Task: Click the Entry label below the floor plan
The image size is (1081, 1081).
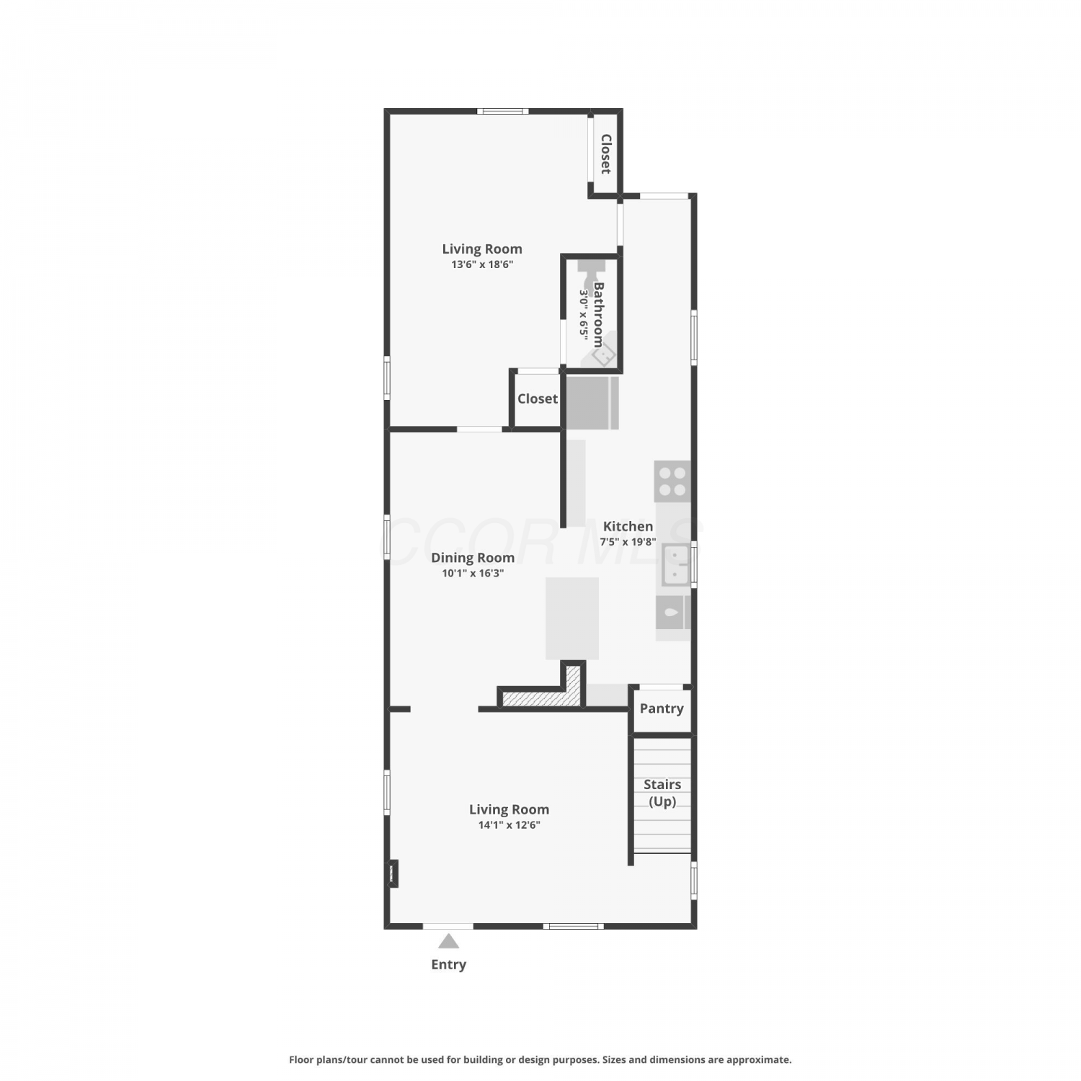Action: click(448, 964)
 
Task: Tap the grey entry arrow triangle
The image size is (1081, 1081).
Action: click(448, 940)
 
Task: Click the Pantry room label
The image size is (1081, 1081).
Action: click(662, 708)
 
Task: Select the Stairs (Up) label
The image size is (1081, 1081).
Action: click(662, 793)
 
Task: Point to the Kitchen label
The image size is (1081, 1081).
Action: click(628, 526)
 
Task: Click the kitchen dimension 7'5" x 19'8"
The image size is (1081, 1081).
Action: click(628, 542)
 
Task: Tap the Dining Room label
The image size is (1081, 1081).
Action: click(473, 558)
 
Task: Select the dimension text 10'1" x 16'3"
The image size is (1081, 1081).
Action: click(473, 574)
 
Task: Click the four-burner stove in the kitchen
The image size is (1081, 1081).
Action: click(672, 481)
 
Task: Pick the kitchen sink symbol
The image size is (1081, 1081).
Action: click(676, 564)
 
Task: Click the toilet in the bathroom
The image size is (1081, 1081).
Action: click(591, 272)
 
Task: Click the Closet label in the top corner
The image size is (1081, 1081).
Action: click(606, 154)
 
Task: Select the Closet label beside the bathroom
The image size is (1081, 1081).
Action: click(538, 399)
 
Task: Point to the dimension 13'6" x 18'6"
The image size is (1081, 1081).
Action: click(482, 264)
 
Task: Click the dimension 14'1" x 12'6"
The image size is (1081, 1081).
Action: click(510, 825)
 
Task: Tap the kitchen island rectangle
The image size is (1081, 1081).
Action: click(572, 618)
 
